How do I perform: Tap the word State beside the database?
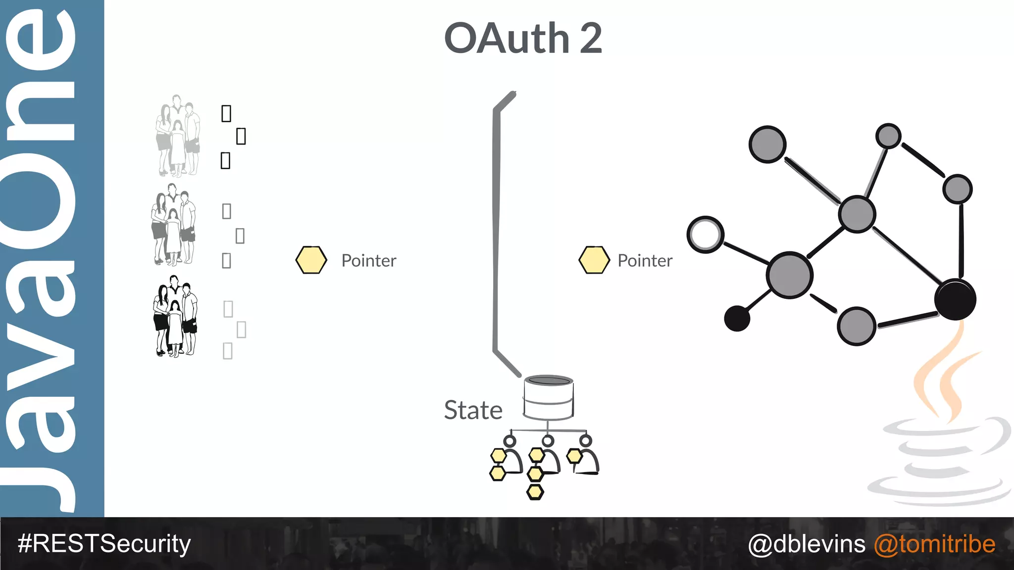coord(473,410)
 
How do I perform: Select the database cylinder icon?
coord(548,397)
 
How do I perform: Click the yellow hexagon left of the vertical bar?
coord(311,260)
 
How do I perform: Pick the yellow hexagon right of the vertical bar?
coord(594,260)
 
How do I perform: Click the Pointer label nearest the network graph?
coord(645,260)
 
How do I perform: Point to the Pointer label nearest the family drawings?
coord(369,260)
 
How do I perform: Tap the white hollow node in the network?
coord(706,234)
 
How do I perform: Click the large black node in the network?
coord(955,299)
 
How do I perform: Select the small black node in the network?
coord(737,318)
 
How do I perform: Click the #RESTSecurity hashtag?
coord(104,544)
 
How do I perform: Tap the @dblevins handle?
coord(807,544)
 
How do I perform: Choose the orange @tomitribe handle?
coord(934,544)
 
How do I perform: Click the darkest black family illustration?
coord(175,317)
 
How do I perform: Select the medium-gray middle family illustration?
coord(173,225)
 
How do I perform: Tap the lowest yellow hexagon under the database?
coord(535,492)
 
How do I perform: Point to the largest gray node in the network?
coord(789,275)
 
